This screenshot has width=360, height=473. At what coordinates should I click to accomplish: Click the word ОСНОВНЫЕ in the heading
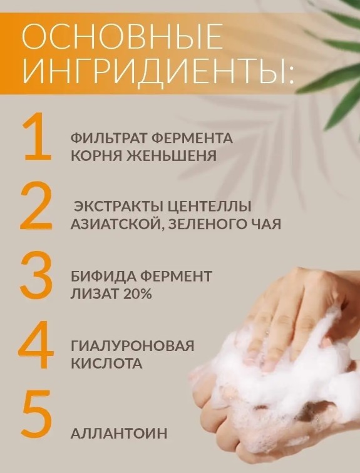pyautogui.click(x=122, y=36)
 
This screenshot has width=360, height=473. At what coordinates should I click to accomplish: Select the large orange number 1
pyautogui.click(x=38, y=136)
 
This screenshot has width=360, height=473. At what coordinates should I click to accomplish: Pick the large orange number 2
pyautogui.click(x=36, y=205)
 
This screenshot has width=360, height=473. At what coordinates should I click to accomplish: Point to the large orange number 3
pyautogui.click(x=36, y=274)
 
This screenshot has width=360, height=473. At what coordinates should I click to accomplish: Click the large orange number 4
pyautogui.click(x=36, y=345)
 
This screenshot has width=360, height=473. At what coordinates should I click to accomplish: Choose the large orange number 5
pyautogui.click(x=36, y=414)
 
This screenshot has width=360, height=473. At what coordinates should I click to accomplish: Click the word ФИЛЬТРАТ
pyautogui.click(x=108, y=138)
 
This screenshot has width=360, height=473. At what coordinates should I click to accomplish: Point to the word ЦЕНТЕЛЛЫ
pyautogui.click(x=208, y=206)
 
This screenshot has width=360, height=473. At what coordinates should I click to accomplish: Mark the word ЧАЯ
pyautogui.click(x=267, y=224)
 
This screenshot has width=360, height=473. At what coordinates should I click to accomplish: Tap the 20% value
pyautogui.click(x=136, y=294)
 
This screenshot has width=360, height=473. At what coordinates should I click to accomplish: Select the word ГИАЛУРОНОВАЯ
pyautogui.click(x=133, y=346)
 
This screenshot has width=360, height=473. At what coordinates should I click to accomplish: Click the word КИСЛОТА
pyautogui.click(x=106, y=364)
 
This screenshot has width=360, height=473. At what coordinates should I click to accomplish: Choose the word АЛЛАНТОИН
pyautogui.click(x=119, y=434)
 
